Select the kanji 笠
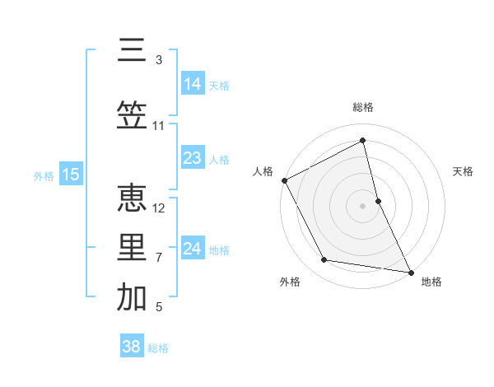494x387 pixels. pos(132,116)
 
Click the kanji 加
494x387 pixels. pos(132,298)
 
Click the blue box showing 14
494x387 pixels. pos(193,84)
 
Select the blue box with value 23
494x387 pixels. pos(193,158)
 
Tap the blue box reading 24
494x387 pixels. pos(193,249)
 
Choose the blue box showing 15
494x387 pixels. pos(70,175)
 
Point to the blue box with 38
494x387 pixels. pos(132,347)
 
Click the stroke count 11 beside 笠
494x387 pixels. pos(159,126)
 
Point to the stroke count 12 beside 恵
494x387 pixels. pos(159,208)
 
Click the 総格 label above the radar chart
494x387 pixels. pos(363,107)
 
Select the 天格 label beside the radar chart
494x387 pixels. pos(464,171)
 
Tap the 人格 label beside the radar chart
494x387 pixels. pos(263,171)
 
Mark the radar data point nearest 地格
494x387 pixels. pos(410,272)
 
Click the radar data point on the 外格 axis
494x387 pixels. pos(324,261)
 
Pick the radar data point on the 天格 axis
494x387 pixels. pos(378,200)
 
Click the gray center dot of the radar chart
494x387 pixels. pos(363,205)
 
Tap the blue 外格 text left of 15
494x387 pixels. pos(44,175)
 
